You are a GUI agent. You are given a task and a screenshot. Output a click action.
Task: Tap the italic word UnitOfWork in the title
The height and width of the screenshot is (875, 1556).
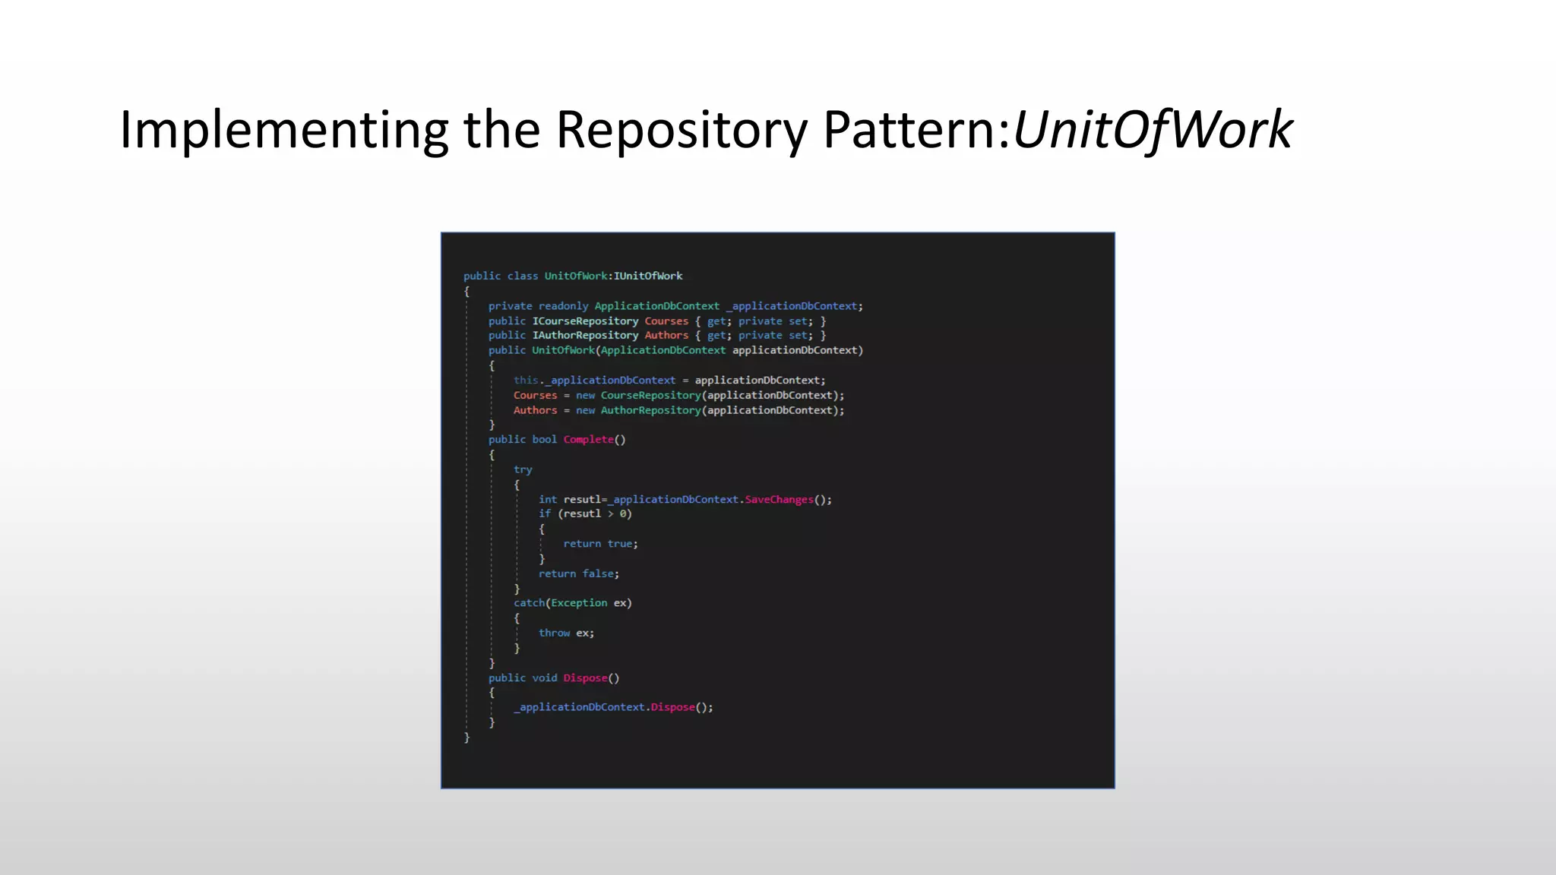click(x=1153, y=131)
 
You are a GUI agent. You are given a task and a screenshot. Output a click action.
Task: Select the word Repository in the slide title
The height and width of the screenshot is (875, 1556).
click(x=682, y=131)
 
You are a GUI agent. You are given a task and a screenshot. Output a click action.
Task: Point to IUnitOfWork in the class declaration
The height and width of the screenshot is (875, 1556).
click(x=648, y=276)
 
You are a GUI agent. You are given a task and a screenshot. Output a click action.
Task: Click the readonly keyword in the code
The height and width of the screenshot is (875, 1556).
click(x=563, y=306)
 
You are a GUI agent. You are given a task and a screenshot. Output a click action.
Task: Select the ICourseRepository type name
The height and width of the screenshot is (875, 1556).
click(x=585, y=321)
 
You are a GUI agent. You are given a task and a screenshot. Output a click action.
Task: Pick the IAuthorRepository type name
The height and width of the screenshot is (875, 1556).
click(x=585, y=336)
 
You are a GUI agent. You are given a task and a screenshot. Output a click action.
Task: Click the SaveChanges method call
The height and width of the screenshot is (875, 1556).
click(x=779, y=500)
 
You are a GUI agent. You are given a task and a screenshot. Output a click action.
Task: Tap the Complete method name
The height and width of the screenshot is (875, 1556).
click(x=588, y=440)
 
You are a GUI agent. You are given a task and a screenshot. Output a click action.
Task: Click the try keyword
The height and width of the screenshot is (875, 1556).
click(x=523, y=470)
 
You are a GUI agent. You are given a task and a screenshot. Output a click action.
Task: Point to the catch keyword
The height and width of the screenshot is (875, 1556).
click(x=529, y=603)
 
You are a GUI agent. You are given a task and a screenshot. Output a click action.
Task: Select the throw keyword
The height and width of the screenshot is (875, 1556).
click(x=554, y=633)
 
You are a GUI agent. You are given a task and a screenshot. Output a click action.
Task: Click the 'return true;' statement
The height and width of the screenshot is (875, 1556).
click(x=600, y=544)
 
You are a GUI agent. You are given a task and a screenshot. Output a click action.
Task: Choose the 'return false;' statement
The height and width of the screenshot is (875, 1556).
click(x=579, y=573)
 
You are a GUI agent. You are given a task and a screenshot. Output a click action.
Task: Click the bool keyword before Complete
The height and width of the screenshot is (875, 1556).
click(x=544, y=440)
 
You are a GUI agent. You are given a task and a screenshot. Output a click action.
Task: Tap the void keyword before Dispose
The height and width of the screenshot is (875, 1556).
click(x=544, y=678)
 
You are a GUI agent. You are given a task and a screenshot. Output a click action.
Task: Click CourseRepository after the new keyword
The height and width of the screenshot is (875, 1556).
click(x=650, y=396)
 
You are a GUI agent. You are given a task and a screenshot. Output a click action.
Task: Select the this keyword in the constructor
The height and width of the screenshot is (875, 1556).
click(x=526, y=381)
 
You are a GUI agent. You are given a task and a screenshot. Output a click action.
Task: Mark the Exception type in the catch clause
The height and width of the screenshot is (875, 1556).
click(x=579, y=603)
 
